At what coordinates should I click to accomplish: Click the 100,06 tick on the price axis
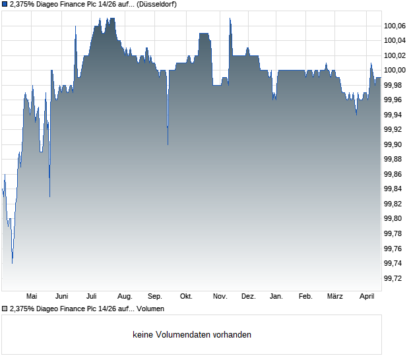(394, 26)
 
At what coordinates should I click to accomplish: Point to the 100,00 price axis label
(394, 71)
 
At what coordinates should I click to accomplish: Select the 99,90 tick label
(393, 144)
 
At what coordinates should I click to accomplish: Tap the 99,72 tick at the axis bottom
(393, 278)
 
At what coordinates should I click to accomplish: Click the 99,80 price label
(393, 219)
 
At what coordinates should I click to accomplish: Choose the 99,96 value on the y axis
(393, 100)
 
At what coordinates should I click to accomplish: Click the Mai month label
(31, 296)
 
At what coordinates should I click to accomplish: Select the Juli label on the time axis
(92, 296)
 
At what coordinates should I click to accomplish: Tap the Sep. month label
(155, 296)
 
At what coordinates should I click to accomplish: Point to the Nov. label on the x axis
(220, 296)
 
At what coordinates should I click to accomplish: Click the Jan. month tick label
(276, 296)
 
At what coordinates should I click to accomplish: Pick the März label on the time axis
(335, 296)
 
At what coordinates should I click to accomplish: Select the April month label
(366, 296)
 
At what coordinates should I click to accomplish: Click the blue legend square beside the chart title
(5, 4)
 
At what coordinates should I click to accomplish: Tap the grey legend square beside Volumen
(5, 309)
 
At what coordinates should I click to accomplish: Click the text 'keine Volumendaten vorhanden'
(192, 335)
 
